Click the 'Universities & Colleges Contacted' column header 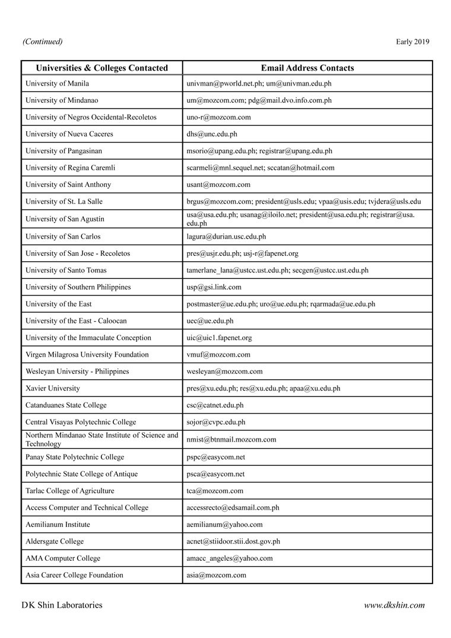[101, 68]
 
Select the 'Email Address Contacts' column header [307, 68]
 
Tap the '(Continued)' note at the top [42, 42]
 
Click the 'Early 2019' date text [412, 42]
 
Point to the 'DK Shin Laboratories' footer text [62, 605]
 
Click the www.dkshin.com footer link [394, 605]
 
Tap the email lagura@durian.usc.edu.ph [226, 237]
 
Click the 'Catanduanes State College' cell [66, 405]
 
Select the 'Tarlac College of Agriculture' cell [70, 491]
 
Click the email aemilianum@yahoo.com [224, 525]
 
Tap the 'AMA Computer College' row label [63, 558]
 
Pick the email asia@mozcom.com [216, 575]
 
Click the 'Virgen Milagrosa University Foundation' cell [87, 355]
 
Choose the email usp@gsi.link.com [214, 287]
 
